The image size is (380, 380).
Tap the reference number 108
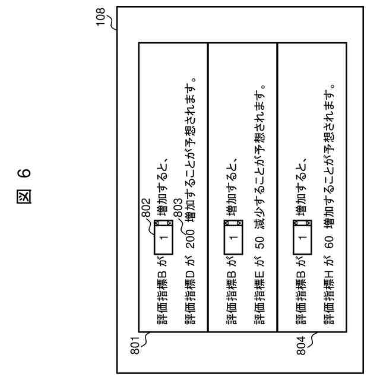click(x=104, y=13)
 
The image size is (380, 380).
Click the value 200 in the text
click(x=190, y=236)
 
